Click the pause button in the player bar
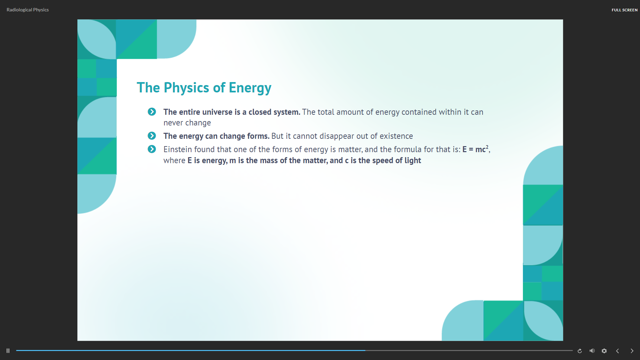8,351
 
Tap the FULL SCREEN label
624,10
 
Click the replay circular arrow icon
580,351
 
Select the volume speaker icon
592,351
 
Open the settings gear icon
604,351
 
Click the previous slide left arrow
618,351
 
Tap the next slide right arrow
632,351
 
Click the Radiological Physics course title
28,10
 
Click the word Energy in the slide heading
250,88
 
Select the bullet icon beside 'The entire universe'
152,112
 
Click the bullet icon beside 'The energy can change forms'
152,136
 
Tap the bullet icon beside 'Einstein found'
152,149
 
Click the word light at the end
413,161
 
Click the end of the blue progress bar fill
365,350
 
